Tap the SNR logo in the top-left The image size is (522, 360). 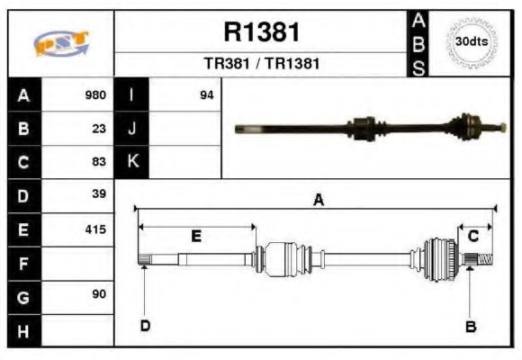[x=60, y=43]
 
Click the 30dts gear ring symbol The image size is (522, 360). [x=472, y=42]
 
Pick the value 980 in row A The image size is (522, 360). [x=94, y=94]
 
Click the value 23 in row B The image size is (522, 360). [x=99, y=128]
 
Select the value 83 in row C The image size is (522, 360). [x=99, y=162]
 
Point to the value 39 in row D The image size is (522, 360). [x=99, y=194]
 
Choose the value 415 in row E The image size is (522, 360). [x=94, y=229]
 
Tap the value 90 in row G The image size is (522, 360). [x=99, y=294]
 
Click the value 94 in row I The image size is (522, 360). [x=206, y=94]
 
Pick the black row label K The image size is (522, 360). [x=132, y=162]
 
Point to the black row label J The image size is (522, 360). [x=132, y=128]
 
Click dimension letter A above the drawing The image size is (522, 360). [x=318, y=201]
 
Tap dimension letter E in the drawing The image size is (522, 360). [x=195, y=237]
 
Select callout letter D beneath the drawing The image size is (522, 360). [x=144, y=326]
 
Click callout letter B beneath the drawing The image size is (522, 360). [x=470, y=327]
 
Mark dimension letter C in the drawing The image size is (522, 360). [x=472, y=236]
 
